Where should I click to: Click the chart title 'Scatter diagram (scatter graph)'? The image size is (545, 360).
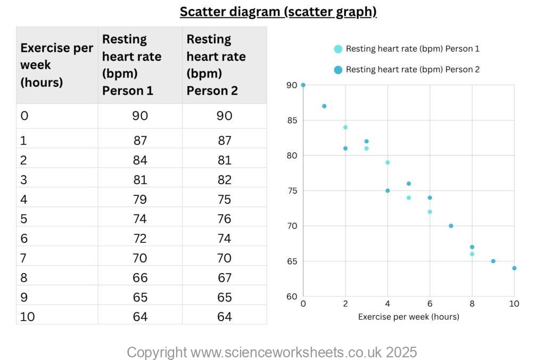coord(278,12)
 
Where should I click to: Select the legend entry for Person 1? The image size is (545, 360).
coord(412,49)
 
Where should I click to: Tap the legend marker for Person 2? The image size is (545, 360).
coord(338,69)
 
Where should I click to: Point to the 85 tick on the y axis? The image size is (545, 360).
coord(292,120)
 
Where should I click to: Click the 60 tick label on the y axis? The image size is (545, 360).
coord(292,297)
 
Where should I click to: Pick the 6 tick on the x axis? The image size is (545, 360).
coord(430,304)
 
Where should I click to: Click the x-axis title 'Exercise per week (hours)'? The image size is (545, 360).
coord(408,317)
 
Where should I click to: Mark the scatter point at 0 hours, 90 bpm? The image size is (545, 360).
coord(303,85)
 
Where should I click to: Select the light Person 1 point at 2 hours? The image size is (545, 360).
coord(345,127)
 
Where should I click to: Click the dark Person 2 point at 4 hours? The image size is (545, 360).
coord(387,191)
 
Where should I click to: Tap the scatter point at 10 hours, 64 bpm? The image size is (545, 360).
coord(514,268)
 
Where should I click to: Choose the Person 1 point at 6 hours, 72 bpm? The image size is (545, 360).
coord(430,212)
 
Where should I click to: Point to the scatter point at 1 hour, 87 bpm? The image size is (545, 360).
coord(324,106)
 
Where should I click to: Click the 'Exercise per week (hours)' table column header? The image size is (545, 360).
coord(56,65)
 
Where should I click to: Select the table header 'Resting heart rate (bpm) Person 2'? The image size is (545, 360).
coord(216,65)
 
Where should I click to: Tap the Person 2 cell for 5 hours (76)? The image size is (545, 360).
coord(224,219)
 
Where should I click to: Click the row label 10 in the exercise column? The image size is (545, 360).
coord(28,317)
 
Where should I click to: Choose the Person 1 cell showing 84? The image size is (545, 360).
coord(140,160)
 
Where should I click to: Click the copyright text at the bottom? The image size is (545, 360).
coord(271,352)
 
